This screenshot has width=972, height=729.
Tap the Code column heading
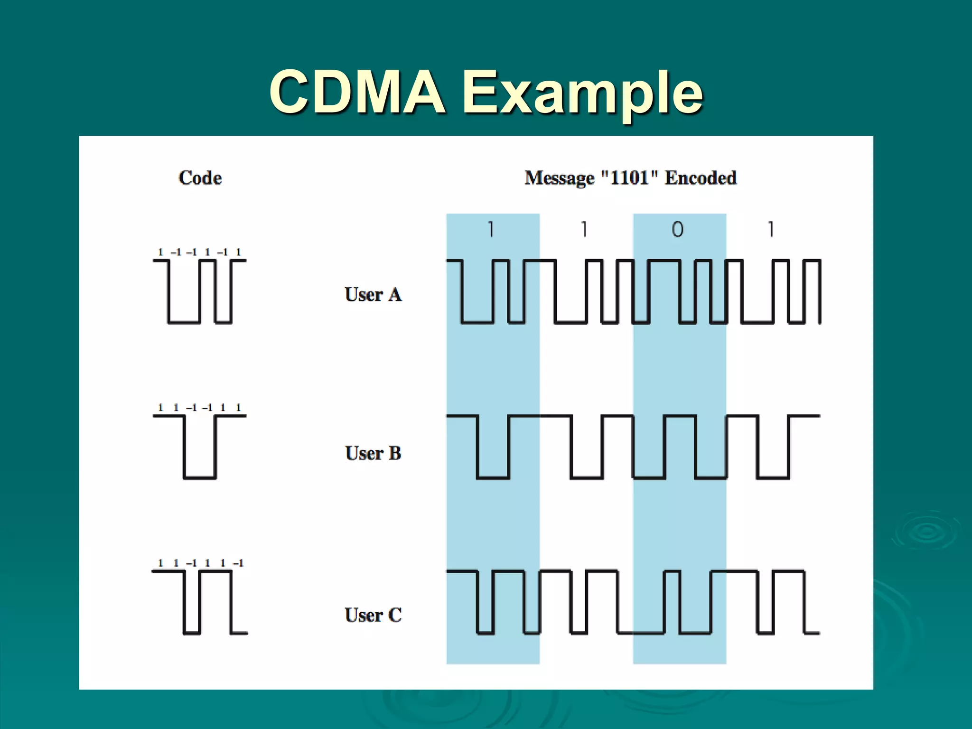pyautogui.click(x=200, y=178)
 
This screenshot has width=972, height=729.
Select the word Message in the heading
pyautogui.click(x=559, y=178)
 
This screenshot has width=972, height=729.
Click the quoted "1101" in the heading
pyautogui.click(x=629, y=178)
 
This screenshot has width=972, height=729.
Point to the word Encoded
pyautogui.click(x=701, y=178)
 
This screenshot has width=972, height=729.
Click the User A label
pyautogui.click(x=373, y=295)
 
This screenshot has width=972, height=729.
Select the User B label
pyautogui.click(x=373, y=453)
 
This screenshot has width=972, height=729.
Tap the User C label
pyautogui.click(x=373, y=615)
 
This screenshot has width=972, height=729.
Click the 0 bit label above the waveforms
pyautogui.click(x=678, y=230)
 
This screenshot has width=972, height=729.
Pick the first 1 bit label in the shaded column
pyautogui.click(x=491, y=230)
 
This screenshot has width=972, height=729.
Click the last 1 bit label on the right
pyautogui.click(x=771, y=230)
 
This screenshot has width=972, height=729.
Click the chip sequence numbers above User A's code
pyautogui.click(x=199, y=252)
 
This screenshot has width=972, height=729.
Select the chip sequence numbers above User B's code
pyautogui.click(x=199, y=408)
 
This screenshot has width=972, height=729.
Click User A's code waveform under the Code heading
pyautogui.click(x=199, y=291)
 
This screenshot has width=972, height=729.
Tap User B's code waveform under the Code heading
pyautogui.click(x=199, y=447)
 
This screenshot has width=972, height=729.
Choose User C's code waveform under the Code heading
pyautogui.click(x=199, y=602)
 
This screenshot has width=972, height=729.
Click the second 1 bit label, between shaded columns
pyautogui.click(x=584, y=230)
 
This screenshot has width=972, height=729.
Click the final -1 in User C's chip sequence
pyautogui.click(x=238, y=563)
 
